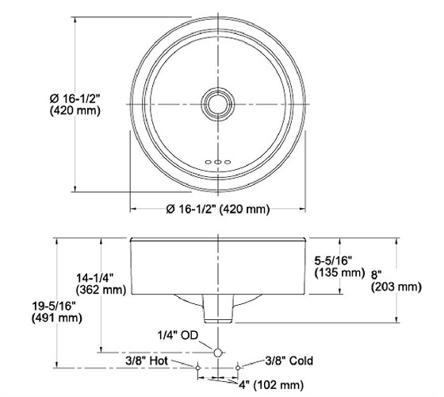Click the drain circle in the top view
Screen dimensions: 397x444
[x=217, y=104]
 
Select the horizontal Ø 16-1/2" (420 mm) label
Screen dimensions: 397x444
[x=218, y=210]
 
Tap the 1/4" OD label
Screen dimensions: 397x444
[x=179, y=335]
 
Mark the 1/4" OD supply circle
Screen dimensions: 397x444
[x=217, y=349]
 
